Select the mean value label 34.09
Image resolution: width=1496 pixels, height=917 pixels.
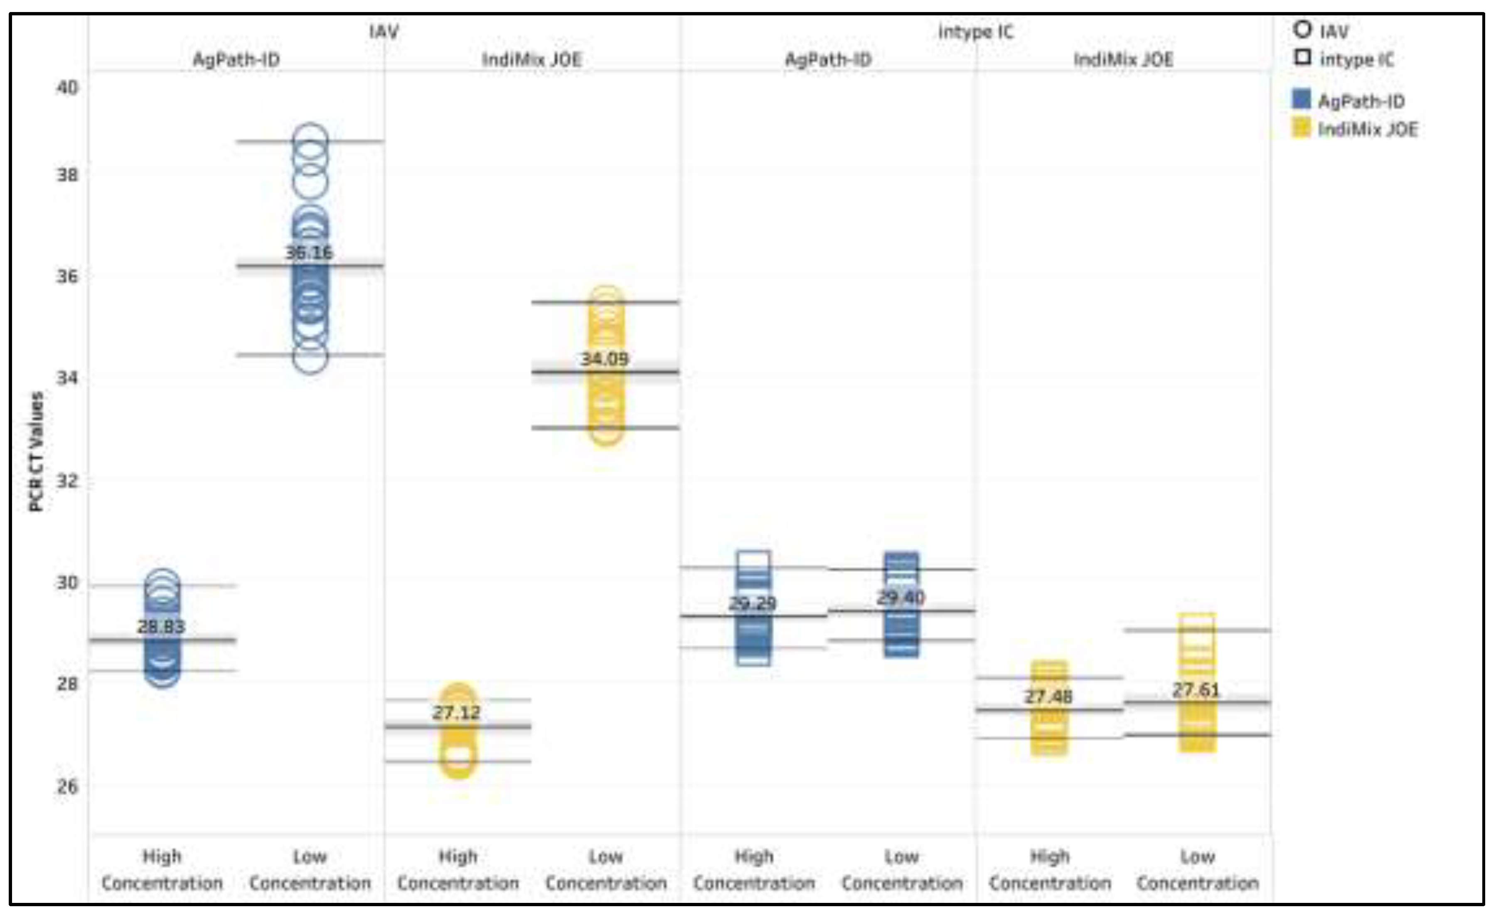[605, 359]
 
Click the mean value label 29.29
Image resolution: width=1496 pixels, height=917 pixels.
[752, 603]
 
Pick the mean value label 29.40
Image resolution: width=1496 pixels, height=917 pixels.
[901, 597]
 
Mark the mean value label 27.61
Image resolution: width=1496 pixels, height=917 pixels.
[1196, 689]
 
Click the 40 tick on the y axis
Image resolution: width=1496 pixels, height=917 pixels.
[67, 88]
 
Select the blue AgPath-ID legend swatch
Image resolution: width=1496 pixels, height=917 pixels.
[1301, 100]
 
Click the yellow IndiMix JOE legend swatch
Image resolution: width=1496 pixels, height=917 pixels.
[1301, 128]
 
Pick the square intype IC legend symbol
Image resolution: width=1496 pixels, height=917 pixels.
[1302, 58]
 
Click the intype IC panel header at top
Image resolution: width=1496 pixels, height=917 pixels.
[976, 32]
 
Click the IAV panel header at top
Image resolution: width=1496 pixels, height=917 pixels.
[384, 32]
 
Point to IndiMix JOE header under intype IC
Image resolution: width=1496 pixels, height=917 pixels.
[1123, 59]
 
